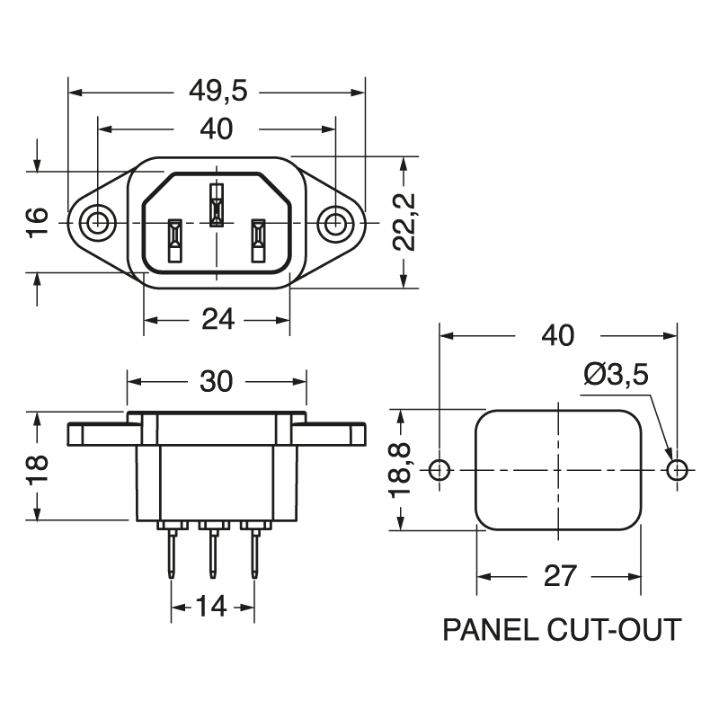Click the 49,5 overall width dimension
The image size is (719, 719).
point(217,91)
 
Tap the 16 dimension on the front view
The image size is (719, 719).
point(37,222)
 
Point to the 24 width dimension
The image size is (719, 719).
point(217,319)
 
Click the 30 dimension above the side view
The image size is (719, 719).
point(216,381)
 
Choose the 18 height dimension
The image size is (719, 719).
point(37,466)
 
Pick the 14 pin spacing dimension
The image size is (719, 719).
point(211,607)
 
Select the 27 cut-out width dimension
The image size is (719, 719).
point(560,575)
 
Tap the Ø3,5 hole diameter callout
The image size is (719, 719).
point(617,374)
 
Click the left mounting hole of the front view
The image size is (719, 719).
point(97,222)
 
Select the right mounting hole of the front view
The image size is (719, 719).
point(336,222)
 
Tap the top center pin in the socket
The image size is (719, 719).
point(216,205)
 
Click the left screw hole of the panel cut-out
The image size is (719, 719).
point(439,469)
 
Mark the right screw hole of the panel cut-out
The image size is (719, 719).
point(678,469)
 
